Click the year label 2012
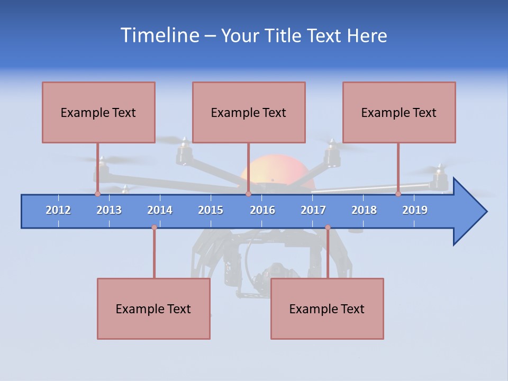tap(58, 210)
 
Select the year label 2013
tap(109, 210)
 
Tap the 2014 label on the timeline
tap(160, 210)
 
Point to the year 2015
tap(211, 210)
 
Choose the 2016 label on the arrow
tap(262, 210)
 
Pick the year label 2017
tap(313, 210)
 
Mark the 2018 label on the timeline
tap(364, 210)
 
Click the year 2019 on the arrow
tap(415, 210)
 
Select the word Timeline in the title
tap(159, 35)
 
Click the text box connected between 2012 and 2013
tap(98, 112)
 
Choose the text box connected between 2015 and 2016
tap(249, 112)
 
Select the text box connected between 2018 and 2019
tap(399, 112)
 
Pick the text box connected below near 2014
tap(153, 309)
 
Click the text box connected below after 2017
tap(327, 309)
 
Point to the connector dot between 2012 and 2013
tap(97, 194)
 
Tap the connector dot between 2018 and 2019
tap(398, 194)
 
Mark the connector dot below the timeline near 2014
tap(154, 228)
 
